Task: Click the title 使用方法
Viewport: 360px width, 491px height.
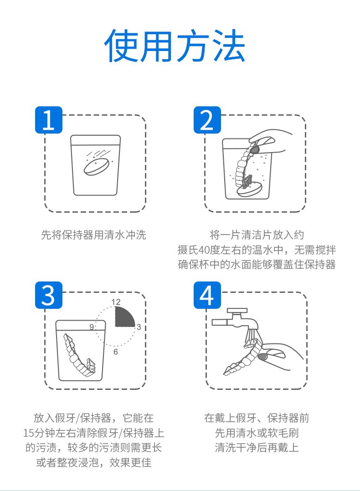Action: coord(175,46)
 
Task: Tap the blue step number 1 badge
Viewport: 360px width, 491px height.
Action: coord(49,120)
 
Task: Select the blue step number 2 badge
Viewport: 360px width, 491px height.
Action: coord(207,120)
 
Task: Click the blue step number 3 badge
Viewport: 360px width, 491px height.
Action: coord(49,295)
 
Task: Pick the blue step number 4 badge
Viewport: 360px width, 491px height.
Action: coord(207,295)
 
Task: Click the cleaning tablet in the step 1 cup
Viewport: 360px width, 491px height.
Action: coord(97,166)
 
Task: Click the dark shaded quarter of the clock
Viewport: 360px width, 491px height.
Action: coord(124,317)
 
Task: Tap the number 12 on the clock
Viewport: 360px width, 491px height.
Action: coord(116,302)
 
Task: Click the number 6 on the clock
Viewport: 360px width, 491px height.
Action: coord(116,352)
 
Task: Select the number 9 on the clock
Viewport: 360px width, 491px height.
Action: coord(92,327)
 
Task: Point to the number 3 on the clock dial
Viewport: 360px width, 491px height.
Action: coord(139,327)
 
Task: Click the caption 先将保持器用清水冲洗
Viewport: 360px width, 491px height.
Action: coord(94,235)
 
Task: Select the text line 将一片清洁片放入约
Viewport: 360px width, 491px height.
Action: coord(257,235)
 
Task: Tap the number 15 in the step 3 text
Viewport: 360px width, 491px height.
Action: coord(29,433)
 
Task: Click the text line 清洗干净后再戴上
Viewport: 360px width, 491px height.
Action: coord(257,447)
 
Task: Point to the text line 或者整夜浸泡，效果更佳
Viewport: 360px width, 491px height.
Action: coord(94,462)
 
